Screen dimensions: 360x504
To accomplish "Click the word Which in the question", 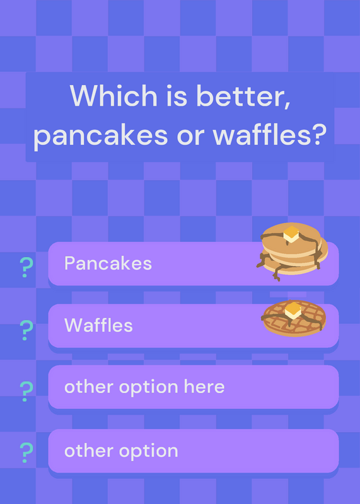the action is point(113,96).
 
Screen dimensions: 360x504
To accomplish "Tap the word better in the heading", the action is point(243,96).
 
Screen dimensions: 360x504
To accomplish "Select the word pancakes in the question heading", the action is point(100,135).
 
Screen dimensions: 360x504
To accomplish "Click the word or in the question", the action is point(190,136).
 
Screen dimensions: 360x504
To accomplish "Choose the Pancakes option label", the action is point(108,263).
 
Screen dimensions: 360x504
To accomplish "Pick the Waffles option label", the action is point(98,325).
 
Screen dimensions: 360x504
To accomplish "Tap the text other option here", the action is point(144,387).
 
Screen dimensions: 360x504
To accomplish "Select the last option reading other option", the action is point(121,450).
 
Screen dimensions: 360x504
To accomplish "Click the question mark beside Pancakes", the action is point(26,267).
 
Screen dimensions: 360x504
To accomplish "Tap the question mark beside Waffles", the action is point(26,330).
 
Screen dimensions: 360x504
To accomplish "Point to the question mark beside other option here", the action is point(26,391).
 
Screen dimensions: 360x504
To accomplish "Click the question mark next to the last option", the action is point(26,452).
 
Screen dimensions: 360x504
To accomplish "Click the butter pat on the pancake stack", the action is point(291,234).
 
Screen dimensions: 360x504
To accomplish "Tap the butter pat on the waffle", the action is point(293,311).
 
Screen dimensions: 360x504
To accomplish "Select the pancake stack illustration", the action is point(292,251).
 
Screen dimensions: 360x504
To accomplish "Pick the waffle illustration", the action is point(294,318).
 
